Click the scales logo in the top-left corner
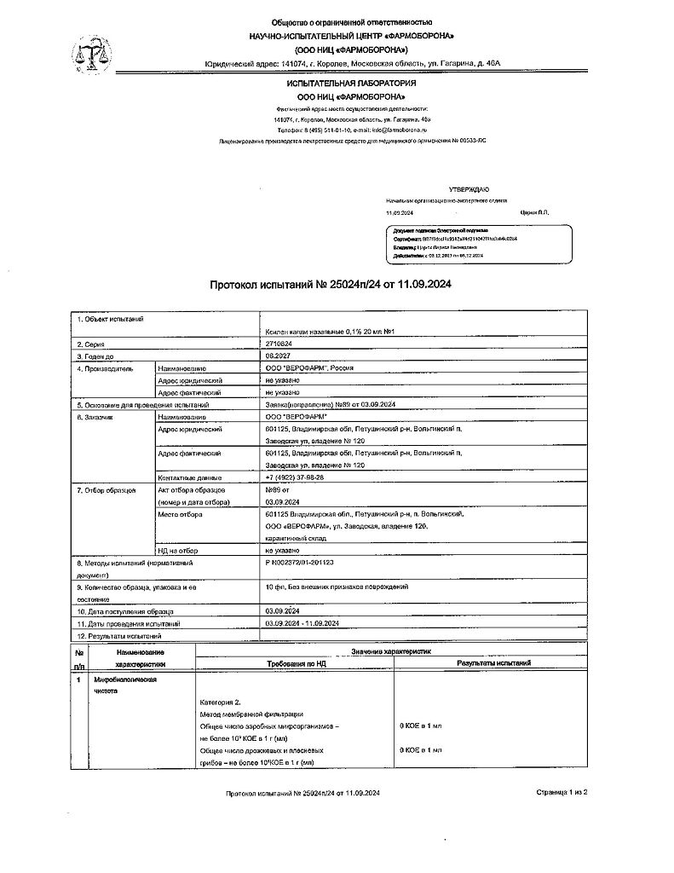coord(87,54)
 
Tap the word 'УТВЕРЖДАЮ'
coord(469,188)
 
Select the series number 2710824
coord(280,343)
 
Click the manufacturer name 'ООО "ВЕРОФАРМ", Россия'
coord(309,368)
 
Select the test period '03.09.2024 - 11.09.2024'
coord(302,624)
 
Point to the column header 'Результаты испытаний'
coord(493,662)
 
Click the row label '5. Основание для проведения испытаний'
coord(143,404)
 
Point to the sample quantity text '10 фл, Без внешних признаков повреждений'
coord(337,587)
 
